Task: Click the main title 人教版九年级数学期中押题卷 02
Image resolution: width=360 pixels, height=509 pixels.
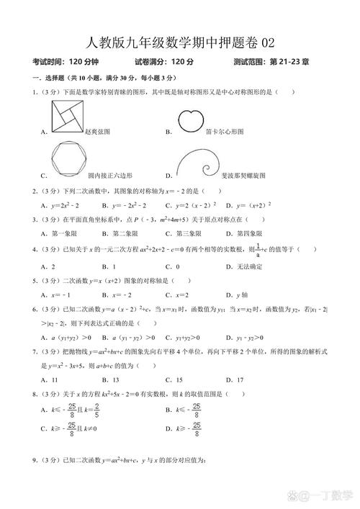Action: (x=179, y=42)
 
